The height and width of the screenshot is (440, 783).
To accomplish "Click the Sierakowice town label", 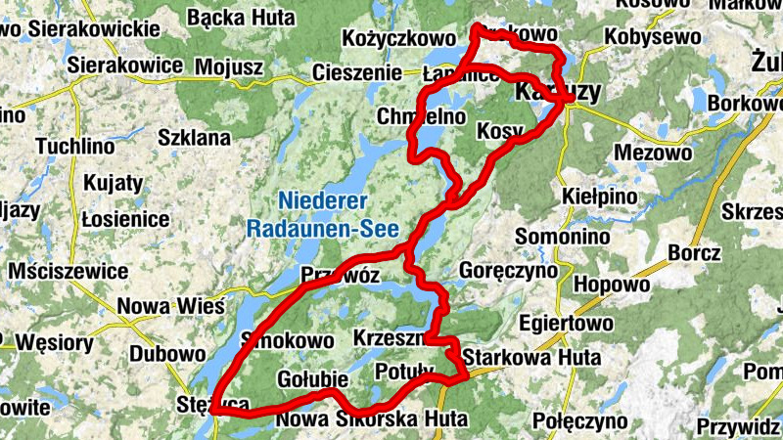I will pyautogui.click(x=126, y=66).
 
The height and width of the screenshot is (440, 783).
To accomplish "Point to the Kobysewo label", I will pyautogui.click(x=654, y=37).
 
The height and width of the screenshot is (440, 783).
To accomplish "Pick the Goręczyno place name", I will pyautogui.click(x=508, y=269).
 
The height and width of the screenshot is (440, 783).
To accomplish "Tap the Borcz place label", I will pyautogui.click(x=695, y=252).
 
